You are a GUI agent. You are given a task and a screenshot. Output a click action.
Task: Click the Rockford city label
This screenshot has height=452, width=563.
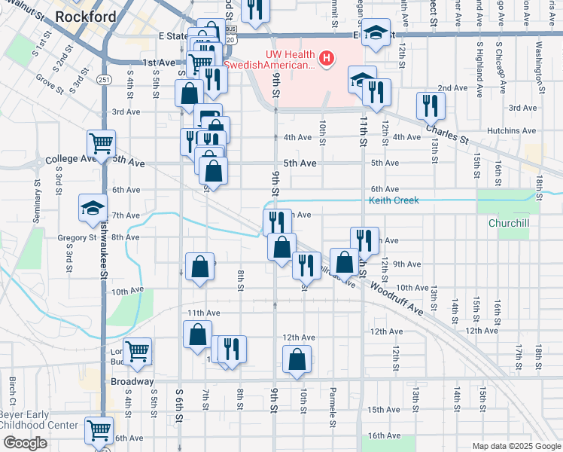(86, 16)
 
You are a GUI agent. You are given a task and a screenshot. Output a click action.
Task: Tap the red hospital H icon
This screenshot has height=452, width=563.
(327, 58)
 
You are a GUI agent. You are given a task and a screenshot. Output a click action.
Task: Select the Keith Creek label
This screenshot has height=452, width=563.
(393, 200)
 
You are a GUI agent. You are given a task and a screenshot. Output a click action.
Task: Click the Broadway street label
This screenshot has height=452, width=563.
(111, 382)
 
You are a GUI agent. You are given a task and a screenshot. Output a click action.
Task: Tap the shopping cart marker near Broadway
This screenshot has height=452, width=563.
(137, 351)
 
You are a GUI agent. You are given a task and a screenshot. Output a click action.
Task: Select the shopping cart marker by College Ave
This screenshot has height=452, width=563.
(101, 142)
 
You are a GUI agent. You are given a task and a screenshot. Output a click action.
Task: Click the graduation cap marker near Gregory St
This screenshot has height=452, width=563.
(93, 207)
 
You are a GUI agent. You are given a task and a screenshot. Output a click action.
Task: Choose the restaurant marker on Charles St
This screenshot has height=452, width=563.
(431, 105)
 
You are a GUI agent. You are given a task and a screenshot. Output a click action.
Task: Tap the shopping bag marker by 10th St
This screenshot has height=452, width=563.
(297, 360)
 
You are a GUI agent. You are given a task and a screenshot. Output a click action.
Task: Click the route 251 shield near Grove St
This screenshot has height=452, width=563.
(104, 79)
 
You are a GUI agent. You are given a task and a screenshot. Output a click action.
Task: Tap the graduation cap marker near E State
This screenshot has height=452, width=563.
(375, 34)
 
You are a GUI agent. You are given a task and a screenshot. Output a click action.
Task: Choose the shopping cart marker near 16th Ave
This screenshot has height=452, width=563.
(99, 430)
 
